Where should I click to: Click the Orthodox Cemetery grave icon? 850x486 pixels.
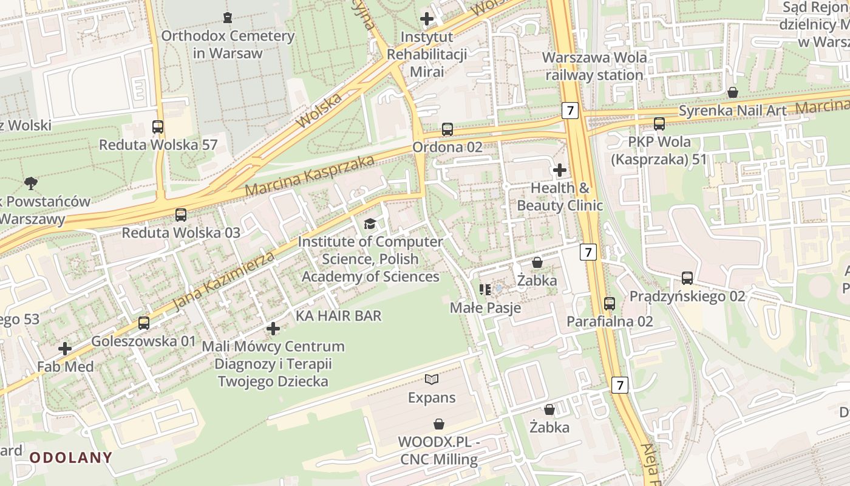228,18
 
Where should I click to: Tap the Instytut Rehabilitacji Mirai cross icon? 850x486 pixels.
427,19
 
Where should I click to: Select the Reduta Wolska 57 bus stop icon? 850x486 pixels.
158,127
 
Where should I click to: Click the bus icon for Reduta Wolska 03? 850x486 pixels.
181,214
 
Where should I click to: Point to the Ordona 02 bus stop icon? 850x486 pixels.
447,129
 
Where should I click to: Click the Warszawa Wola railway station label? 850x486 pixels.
594,66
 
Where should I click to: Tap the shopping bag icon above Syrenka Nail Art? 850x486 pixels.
733,92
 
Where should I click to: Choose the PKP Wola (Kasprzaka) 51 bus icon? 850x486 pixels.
659,124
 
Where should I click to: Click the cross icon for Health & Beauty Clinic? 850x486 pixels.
560,170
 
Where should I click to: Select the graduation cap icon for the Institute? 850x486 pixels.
370,224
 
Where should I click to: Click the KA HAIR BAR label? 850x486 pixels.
338,316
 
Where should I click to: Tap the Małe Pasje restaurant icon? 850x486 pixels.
485,290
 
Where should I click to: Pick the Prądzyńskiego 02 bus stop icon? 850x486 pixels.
687,278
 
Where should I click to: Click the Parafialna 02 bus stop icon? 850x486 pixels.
610,303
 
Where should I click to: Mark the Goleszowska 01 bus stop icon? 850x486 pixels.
144,323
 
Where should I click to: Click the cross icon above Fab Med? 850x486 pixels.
65,349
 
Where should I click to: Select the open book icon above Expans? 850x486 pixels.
432,380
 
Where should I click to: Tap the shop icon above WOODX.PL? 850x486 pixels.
439,423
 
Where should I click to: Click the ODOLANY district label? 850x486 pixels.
71,457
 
